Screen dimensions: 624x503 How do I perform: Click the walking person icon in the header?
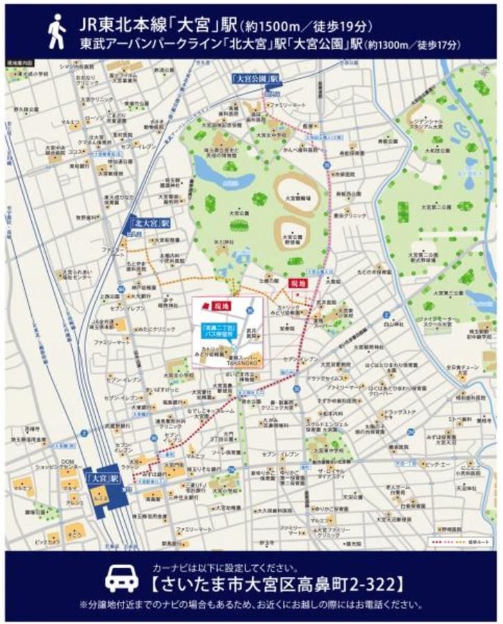pyautogui.click(x=56, y=32)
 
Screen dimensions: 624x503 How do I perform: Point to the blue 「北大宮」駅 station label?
pyautogui.click(x=149, y=223)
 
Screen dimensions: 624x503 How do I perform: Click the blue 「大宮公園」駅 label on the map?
pyautogui.click(x=254, y=79)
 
